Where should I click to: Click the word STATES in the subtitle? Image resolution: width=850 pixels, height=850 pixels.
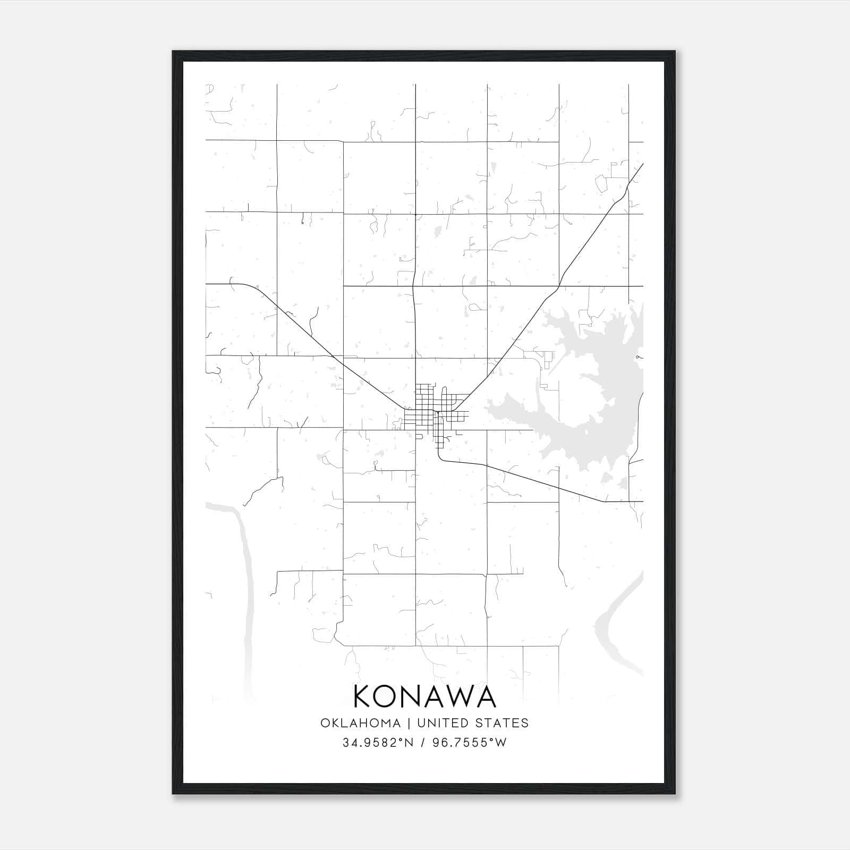(x=501, y=723)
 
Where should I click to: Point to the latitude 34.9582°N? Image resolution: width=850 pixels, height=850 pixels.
(x=378, y=743)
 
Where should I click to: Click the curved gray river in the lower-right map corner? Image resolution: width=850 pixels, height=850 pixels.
(x=616, y=622)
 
